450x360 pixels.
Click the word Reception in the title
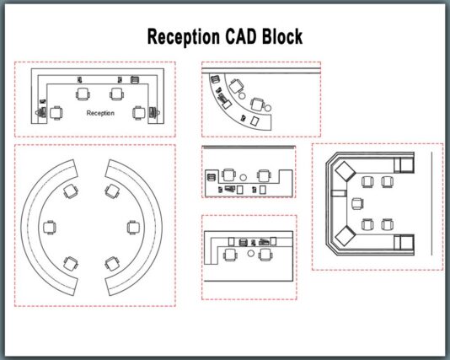[x=184, y=37]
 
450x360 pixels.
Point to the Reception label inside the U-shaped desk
[x=100, y=113]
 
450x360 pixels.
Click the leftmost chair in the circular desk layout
[x=50, y=228]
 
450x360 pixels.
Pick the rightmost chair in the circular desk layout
[x=133, y=228]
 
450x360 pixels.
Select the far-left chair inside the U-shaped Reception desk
[x=56, y=113]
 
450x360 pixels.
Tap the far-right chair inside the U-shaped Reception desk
[x=139, y=113]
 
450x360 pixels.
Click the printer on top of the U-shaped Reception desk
[x=135, y=79]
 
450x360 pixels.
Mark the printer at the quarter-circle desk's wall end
[x=215, y=78]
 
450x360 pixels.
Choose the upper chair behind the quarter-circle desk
[x=236, y=86]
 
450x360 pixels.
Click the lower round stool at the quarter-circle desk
[x=268, y=108]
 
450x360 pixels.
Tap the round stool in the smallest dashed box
[x=243, y=178]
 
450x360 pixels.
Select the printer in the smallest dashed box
[x=211, y=177]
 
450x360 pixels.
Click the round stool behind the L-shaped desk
[x=251, y=253]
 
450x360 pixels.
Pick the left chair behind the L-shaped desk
[x=230, y=255]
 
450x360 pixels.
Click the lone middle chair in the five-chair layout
[x=357, y=204]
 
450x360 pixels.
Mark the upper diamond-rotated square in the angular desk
[x=345, y=171]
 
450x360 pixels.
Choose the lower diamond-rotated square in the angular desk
[x=345, y=236]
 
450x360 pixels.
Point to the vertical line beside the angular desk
[x=431, y=203]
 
